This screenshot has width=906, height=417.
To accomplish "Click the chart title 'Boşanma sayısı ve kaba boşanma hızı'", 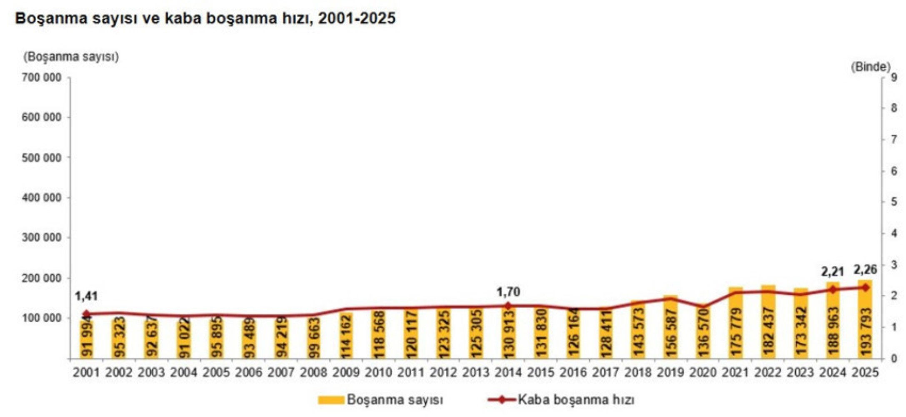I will click(205, 19).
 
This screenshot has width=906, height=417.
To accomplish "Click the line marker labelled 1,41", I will click(86, 314).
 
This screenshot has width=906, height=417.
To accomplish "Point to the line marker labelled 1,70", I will click(508, 306).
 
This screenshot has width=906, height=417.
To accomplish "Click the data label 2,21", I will click(833, 272).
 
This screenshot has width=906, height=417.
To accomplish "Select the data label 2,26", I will click(865, 269).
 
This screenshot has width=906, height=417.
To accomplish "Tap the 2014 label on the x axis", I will click(508, 372).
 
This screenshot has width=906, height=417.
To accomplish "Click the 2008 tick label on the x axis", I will click(313, 372).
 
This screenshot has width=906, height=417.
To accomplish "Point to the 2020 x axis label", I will click(703, 372).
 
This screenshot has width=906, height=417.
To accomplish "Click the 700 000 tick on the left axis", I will click(41, 78).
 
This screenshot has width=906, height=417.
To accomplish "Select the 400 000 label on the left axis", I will click(41, 198).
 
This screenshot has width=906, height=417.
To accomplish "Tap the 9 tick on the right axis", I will click(893, 78).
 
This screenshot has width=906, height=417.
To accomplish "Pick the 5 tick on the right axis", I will click(893, 202).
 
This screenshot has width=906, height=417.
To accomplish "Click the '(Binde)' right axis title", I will click(871, 66).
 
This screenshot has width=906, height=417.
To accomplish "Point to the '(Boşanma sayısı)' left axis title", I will click(71, 57).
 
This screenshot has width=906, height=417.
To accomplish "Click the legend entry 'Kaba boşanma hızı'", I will click(576, 399).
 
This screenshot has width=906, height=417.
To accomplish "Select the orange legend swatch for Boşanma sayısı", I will click(331, 400).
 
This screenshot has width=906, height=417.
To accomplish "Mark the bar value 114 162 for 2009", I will click(346, 334).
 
